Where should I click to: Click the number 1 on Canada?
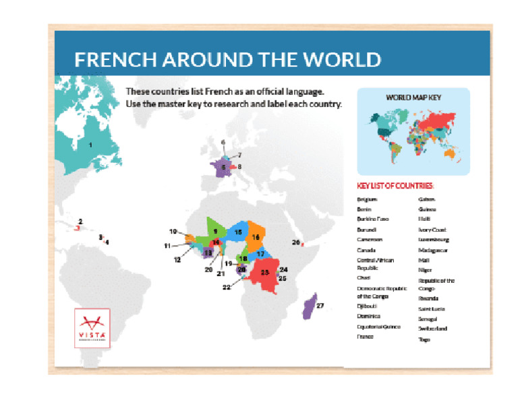point(90,144)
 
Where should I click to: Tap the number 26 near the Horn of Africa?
point(295,242)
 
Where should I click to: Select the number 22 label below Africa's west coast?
point(227,287)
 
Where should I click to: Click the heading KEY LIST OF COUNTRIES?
point(395,186)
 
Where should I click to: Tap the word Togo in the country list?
point(424,339)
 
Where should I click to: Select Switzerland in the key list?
point(432,329)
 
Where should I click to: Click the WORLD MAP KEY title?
point(413,97)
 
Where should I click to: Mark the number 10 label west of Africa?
point(173,232)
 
